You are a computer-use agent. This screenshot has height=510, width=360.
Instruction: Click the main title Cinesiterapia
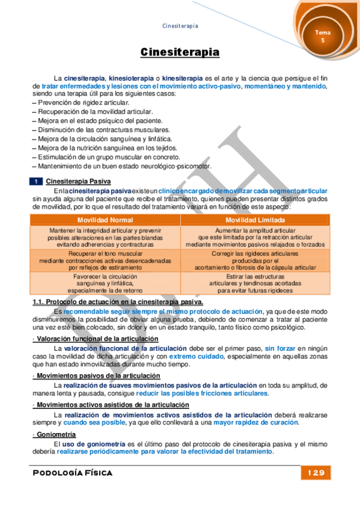(x=180, y=53)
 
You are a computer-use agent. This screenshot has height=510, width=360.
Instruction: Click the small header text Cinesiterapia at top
(x=180, y=26)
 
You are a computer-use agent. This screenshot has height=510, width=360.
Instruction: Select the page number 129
(x=315, y=473)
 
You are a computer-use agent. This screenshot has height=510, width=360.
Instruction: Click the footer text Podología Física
(x=73, y=473)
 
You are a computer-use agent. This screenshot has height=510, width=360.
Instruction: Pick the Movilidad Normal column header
(x=105, y=220)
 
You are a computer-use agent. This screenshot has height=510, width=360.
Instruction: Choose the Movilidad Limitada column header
(x=254, y=220)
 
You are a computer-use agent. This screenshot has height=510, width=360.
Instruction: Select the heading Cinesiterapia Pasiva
(x=78, y=181)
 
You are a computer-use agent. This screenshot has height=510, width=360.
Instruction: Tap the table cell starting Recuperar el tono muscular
(x=105, y=260)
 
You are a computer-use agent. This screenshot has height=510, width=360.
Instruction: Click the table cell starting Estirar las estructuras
(x=254, y=283)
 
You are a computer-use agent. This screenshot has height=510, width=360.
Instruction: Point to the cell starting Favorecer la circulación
(x=105, y=283)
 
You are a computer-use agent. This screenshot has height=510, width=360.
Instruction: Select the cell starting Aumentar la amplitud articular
(x=254, y=238)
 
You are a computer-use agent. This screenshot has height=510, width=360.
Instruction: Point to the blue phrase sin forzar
(x=281, y=348)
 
